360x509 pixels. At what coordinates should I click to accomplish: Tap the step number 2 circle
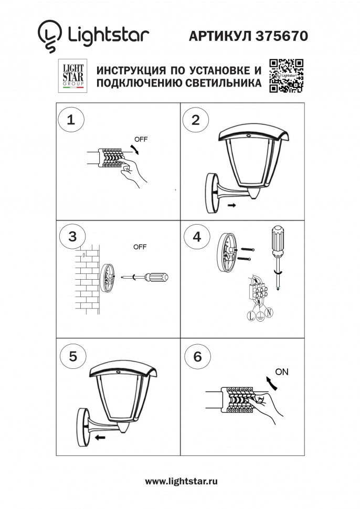(196, 120)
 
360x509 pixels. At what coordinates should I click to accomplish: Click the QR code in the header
(287, 76)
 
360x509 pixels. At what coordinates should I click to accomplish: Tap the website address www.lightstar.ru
(181, 481)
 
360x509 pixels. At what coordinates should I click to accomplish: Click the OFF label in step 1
(141, 140)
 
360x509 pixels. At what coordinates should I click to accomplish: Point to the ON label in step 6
(282, 372)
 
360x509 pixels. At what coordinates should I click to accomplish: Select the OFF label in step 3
(140, 247)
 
